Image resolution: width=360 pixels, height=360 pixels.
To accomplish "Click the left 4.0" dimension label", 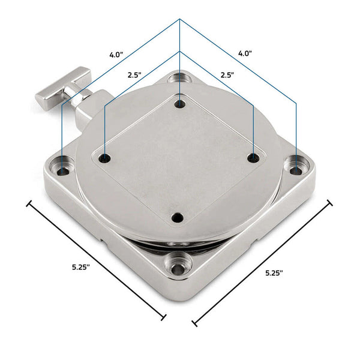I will click(116, 55).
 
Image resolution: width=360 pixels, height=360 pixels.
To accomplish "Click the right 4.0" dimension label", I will click(244, 53).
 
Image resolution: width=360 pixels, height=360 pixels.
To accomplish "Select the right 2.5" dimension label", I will click(227, 76).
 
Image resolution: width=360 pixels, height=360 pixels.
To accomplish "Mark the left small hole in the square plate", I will click(106, 158).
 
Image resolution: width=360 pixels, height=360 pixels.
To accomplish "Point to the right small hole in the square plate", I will click(254, 157).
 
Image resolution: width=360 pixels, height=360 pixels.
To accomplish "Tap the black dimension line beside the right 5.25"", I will click(262, 263).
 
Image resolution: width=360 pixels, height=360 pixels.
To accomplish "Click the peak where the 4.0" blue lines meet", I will click(179, 20).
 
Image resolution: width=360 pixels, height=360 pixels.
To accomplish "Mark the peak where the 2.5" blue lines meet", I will click(179, 51).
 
